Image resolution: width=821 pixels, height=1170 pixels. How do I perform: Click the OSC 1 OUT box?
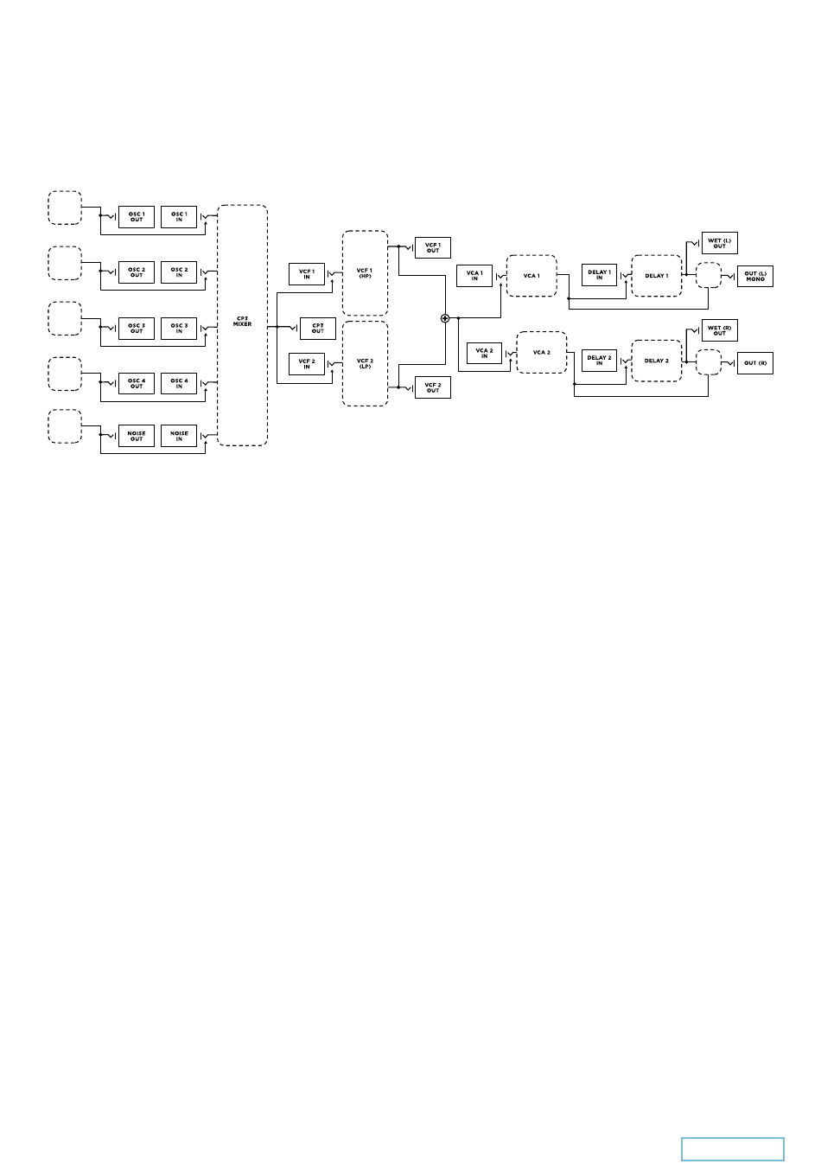pos(137,217)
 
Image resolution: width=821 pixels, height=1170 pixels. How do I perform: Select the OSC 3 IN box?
pos(179,329)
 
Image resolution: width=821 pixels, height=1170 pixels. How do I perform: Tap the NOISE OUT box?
pos(137,436)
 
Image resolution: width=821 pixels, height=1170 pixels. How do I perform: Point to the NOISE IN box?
pos(179,436)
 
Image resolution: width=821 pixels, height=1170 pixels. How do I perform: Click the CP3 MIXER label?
pos(242,322)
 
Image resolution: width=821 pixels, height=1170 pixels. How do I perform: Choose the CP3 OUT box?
pos(318,329)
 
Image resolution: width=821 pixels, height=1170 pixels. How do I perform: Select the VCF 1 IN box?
pos(306,274)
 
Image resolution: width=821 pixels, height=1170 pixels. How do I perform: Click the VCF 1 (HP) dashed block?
pos(365,273)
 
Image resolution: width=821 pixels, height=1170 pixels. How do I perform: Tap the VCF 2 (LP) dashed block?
pos(365,363)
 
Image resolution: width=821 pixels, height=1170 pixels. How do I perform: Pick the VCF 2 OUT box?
pos(433,387)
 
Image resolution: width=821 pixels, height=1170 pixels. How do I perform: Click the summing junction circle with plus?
pos(446,318)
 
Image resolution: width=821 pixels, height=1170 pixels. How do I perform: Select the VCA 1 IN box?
pos(474,276)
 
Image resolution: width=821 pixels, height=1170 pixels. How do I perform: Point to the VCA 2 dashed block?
pos(542,353)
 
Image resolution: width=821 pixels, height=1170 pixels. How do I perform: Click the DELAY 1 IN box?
pos(599,275)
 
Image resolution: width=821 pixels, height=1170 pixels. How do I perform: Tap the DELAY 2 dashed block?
pos(657,361)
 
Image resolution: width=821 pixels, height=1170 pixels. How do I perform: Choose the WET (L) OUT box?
pos(719,243)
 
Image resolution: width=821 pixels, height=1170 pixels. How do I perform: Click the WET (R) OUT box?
pos(719,330)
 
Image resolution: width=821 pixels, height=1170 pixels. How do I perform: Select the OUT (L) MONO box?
pos(755,277)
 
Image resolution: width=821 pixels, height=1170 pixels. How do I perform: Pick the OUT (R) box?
pos(755,363)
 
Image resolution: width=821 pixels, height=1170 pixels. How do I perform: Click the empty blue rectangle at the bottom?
pos(733,1148)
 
